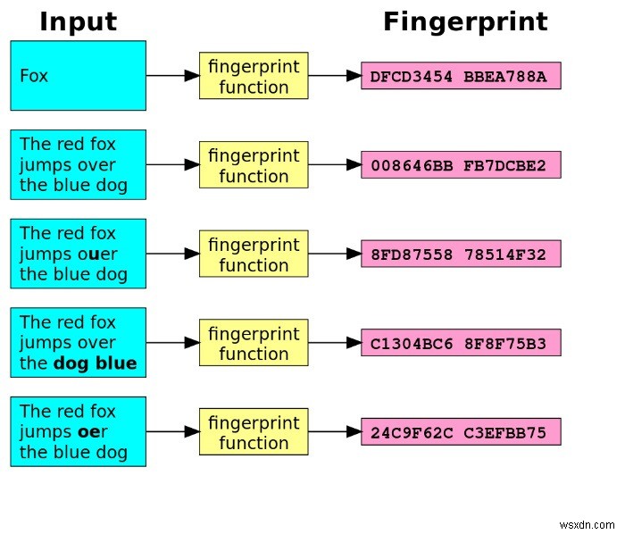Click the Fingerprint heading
[465, 21]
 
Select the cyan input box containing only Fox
[78, 76]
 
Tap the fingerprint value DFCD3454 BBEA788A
[461, 76]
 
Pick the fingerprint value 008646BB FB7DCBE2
[461, 165]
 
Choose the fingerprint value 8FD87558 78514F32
[461, 254]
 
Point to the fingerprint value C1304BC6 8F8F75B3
[461, 343]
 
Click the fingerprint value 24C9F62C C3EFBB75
[461, 432]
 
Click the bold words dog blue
[95, 363]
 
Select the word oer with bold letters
[98, 432]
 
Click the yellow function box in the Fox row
[254, 76]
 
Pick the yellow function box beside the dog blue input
[254, 343]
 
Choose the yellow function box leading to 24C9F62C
[254, 432]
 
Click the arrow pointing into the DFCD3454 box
[335, 76]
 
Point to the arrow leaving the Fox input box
[172, 76]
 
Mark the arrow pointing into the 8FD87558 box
[335, 254]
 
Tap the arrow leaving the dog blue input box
[172, 343]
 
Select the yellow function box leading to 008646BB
[254, 165]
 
